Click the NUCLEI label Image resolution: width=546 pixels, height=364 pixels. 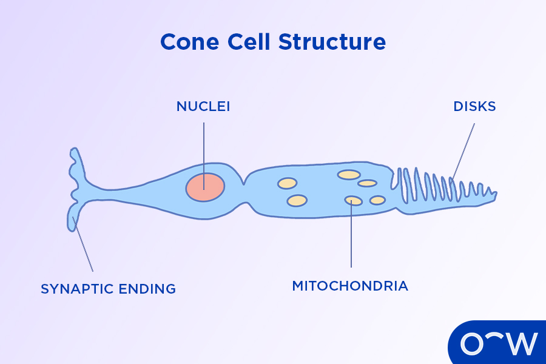click(203, 107)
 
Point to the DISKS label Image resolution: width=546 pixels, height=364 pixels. click(475, 107)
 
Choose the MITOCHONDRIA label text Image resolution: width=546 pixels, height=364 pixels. click(350, 286)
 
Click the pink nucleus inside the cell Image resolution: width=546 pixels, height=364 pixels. click(205, 186)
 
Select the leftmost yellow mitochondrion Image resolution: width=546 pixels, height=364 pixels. click(287, 183)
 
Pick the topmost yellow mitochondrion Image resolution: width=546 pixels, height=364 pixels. click(349, 175)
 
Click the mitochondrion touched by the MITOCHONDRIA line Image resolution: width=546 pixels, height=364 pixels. click(354, 200)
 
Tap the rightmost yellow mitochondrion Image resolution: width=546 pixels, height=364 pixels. click(377, 200)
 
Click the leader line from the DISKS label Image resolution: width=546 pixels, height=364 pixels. click(464, 152)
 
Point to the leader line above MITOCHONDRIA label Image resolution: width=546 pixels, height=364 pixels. click(351, 237)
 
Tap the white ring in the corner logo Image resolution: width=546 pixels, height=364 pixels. click(473, 345)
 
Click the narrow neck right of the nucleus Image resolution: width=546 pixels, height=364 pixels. click(245, 182)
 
